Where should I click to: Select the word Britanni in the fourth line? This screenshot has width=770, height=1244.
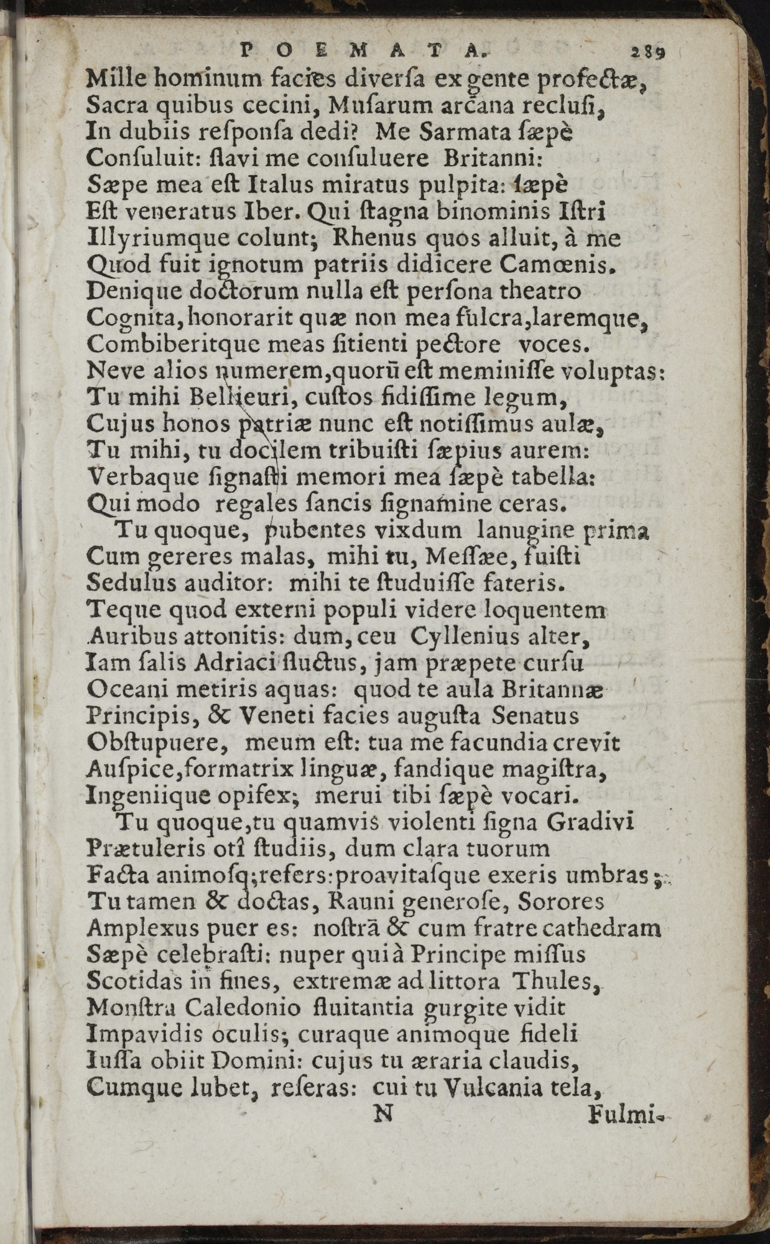point(494,159)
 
